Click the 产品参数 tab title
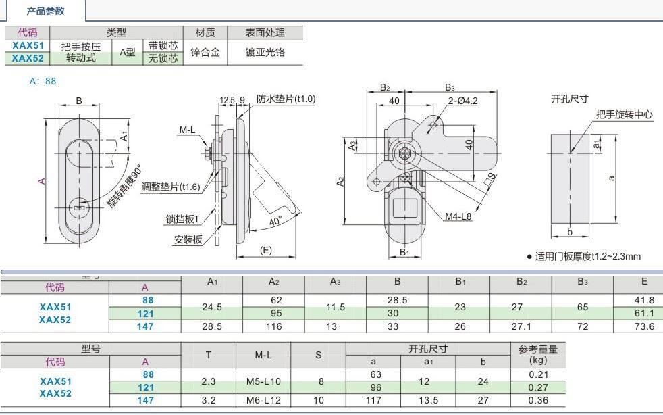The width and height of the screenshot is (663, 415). pyautogui.click(x=45, y=11)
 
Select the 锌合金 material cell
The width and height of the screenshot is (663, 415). pyautogui.click(x=205, y=52)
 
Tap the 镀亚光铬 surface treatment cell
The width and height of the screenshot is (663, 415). pyautogui.click(x=265, y=52)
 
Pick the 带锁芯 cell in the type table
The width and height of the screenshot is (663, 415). pyautogui.click(x=163, y=45)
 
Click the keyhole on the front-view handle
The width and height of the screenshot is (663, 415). pyautogui.click(x=80, y=209)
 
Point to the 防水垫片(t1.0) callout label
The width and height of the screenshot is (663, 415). pyautogui.click(x=286, y=99)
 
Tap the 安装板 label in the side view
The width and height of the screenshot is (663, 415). pyautogui.click(x=188, y=239)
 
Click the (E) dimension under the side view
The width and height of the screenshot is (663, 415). pyautogui.click(x=265, y=250)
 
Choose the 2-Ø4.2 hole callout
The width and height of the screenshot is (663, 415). pyautogui.click(x=462, y=101)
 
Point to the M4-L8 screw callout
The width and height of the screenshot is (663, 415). pyautogui.click(x=458, y=216)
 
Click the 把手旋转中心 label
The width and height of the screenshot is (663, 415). pyautogui.click(x=624, y=115)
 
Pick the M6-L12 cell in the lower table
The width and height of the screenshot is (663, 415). pyautogui.click(x=263, y=400)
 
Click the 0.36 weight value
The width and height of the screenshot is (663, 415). pyautogui.click(x=537, y=400)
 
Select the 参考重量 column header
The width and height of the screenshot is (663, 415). pyautogui.click(x=537, y=349)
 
